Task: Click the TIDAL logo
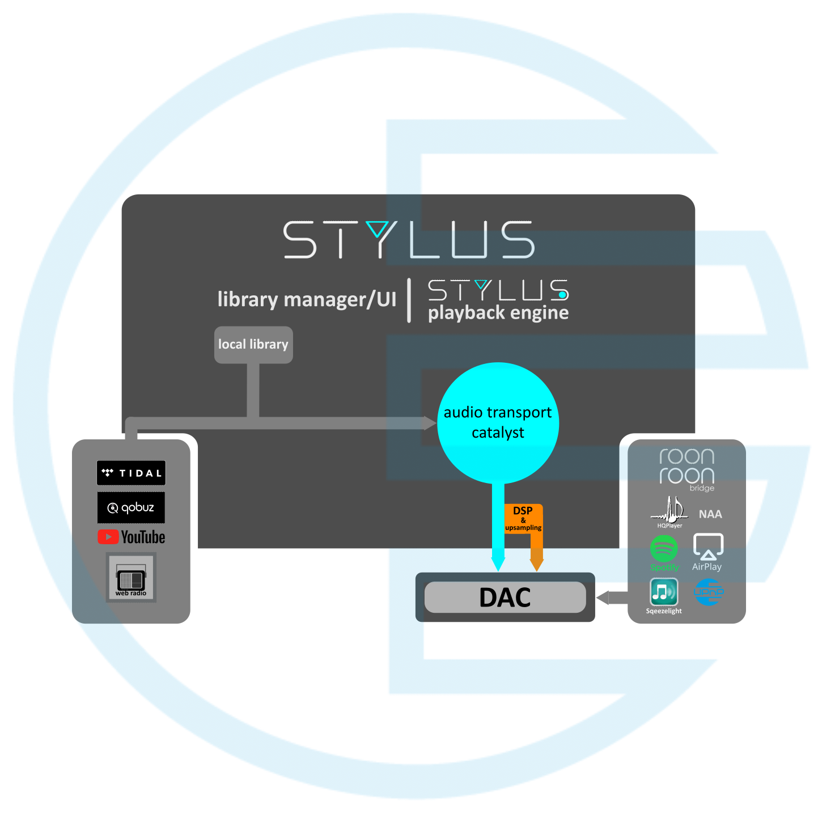[x=131, y=473]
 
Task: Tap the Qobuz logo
[x=131, y=507]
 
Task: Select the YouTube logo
[x=132, y=537]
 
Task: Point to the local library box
[x=253, y=344]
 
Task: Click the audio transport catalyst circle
[x=498, y=422]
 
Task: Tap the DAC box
[x=505, y=597]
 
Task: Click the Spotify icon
[x=664, y=549]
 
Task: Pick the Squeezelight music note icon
[x=664, y=592]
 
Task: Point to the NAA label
[x=710, y=514]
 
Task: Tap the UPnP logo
[x=709, y=592]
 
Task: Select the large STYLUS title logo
[x=409, y=240]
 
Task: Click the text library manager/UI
[x=307, y=299]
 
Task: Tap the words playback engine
[x=498, y=313]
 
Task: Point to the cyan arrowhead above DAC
[x=498, y=563]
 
